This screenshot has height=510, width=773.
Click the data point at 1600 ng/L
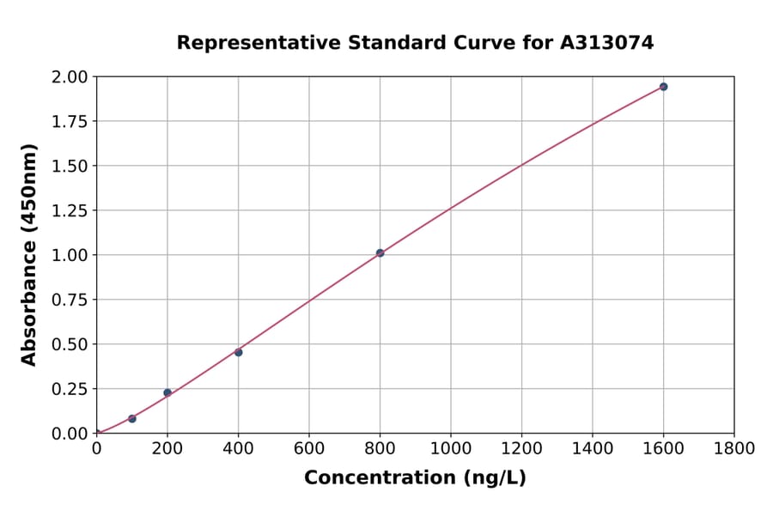pos(663,87)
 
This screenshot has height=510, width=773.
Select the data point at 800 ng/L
pos(380,253)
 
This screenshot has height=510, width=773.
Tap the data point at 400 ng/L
pos(238,352)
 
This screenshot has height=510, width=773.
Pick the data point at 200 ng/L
pos(167,392)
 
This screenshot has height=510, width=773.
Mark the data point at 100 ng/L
pos(132,418)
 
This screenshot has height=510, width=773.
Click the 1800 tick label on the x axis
pos(733,448)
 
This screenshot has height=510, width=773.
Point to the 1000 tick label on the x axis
pos(451,448)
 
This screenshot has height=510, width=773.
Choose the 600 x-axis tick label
pos(309,448)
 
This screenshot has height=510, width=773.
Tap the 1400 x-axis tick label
pos(593,448)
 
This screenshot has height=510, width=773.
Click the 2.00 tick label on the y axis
pos(69,77)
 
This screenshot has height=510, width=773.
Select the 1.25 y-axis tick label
pos(69,210)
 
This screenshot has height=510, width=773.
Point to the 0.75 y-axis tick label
pos(69,300)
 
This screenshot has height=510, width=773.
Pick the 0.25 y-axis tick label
pos(69,389)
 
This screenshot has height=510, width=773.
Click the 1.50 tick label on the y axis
pos(69,166)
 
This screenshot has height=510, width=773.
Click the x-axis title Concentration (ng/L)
pos(415,477)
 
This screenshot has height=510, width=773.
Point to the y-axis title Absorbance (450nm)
pos(29,255)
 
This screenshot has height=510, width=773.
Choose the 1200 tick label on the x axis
pos(521,448)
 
